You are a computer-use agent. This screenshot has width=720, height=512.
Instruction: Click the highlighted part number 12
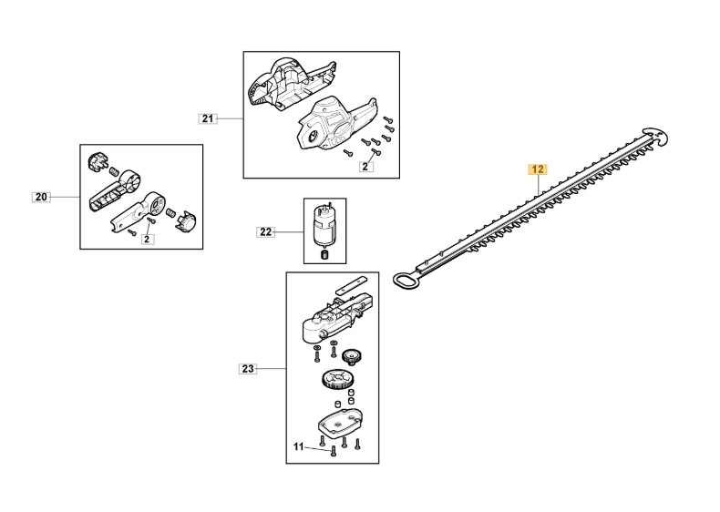[x=537, y=169]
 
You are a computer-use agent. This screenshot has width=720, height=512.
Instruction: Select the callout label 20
[x=41, y=197]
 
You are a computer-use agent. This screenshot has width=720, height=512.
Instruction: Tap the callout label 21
[x=208, y=118]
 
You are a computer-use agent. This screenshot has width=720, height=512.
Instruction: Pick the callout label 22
[x=265, y=232]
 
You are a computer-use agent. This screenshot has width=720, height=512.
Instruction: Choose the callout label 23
[x=248, y=368]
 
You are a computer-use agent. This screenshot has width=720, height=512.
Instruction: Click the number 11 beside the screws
[x=298, y=446]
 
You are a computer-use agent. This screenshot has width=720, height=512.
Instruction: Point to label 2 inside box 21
[x=365, y=167]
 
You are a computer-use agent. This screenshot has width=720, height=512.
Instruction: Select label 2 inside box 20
[x=147, y=239]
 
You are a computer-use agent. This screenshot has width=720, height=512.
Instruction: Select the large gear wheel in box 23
[x=334, y=380]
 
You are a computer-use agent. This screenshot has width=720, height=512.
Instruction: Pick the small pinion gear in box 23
[x=350, y=356]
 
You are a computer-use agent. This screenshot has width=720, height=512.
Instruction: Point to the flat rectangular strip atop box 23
[x=350, y=285]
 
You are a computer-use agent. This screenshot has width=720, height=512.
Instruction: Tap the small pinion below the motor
[x=324, y=254]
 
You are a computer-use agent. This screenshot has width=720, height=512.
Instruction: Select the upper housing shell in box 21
[x=289, y=85]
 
